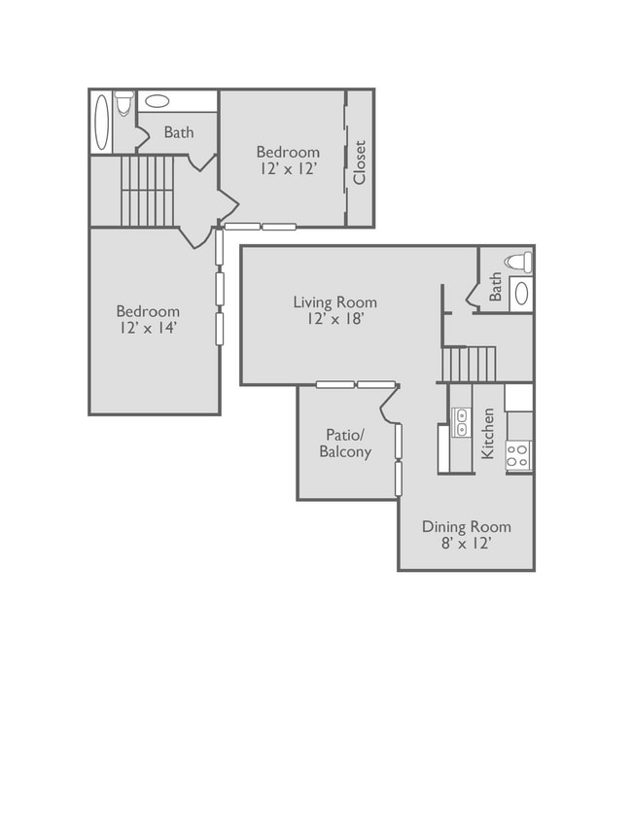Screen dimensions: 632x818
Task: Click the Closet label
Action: [360, 162]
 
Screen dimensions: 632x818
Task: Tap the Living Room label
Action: [334, 302]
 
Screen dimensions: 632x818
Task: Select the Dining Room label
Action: [466, 526]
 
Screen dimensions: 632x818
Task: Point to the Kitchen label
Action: [487, 434]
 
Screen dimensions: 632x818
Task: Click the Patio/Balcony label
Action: [345, 443]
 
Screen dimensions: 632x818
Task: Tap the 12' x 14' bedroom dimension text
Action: [149, 328]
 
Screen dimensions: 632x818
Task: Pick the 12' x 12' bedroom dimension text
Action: [289, 168]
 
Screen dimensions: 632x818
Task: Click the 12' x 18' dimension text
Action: [334, 319]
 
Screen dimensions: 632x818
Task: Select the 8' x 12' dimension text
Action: [467, 543]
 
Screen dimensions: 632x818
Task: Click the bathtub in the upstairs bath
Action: [102, 123]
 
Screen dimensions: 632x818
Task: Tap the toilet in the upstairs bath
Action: [124, 103]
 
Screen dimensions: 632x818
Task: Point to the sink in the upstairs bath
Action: [157, 101]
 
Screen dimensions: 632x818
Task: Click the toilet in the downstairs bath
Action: [519, 261]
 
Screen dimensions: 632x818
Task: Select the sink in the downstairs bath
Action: [521, 295]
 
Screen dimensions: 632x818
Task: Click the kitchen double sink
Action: [462, 422]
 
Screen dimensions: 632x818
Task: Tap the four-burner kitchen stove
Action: [519, 456]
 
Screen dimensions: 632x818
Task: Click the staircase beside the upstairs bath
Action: [147, 191]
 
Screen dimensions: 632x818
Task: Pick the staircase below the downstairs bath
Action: [469, 365]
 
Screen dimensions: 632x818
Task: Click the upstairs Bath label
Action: [179, 132]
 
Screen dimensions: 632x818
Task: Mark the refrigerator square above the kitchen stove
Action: [518, 398]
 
